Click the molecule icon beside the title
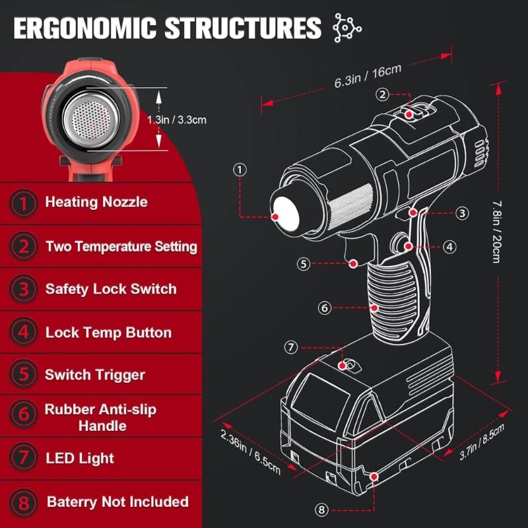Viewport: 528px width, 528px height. tap(347, 28)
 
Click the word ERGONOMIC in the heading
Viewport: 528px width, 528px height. tap(85, 28)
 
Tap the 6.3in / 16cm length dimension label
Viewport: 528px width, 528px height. tap(368, 76)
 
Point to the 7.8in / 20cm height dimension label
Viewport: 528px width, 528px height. tap(496, 232)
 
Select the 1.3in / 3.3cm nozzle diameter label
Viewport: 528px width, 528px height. tap(176, 120)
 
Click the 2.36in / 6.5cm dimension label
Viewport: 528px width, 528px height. tap(251, 451)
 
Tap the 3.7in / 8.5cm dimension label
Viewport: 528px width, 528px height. tap(482, 442)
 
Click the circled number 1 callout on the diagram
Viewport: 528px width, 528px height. tap(240, 170)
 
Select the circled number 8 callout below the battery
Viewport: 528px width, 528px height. tap(321, 510)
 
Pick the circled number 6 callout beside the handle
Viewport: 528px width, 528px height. tap(325, 308)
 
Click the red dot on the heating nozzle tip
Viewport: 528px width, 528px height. tap(275, 217)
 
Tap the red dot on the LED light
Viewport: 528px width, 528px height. tap(343, 366)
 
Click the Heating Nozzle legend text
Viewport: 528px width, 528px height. tap(96, 202)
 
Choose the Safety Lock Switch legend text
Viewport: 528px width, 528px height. tap(111, 289)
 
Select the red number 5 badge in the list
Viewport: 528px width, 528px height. tap(23, 374)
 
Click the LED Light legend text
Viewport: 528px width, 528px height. tap(80, 458)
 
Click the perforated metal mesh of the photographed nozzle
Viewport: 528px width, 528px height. tap(91, 119)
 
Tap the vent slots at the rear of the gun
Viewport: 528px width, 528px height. tap(480, 153)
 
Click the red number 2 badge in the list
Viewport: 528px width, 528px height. tap(23, 246)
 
